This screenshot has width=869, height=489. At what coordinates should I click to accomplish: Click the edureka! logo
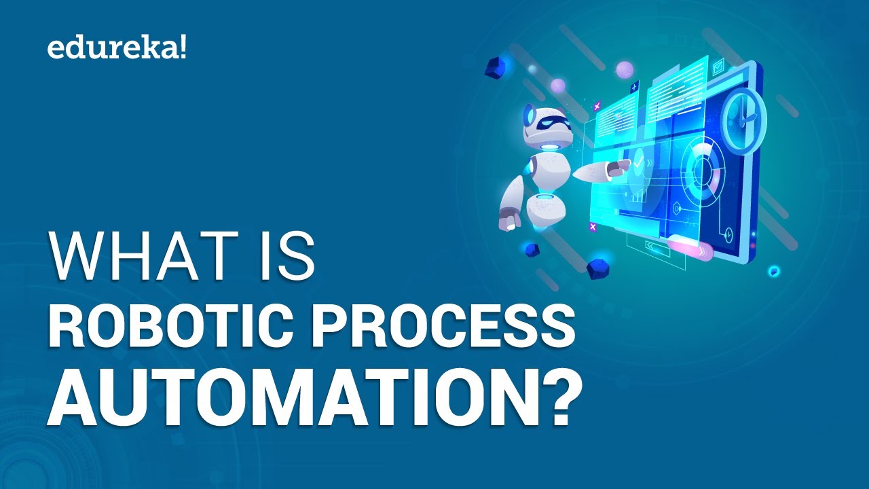[x=116, y=48]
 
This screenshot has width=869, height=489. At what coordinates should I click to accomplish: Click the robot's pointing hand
[x=618, y=169]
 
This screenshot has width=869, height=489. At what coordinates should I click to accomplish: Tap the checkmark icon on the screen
[x=638, y=163]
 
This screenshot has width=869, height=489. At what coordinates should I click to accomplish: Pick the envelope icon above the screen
[x=718, y=67]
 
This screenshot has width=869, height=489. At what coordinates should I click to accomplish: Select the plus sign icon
[x=635, y=87]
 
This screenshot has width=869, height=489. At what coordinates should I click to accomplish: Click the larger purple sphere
[x=625, y=69]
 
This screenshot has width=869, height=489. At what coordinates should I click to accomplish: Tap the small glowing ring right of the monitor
[x=773, y=271]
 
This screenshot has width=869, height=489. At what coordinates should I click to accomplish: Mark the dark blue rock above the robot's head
[x=496, y=67]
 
